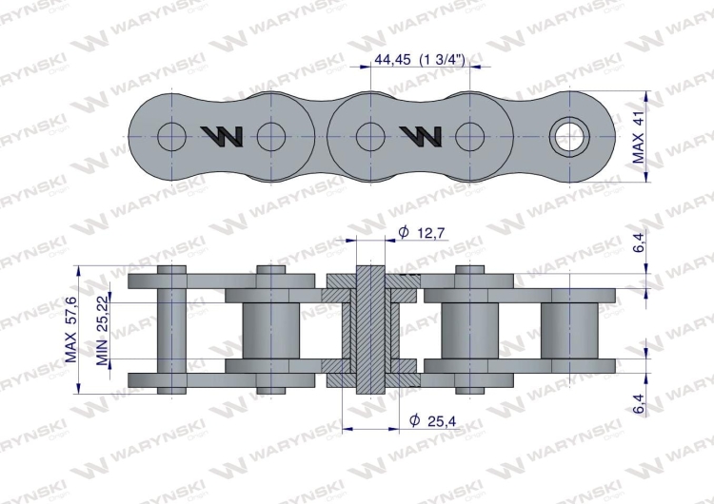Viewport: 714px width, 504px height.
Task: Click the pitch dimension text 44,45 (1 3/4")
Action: click(420, 59)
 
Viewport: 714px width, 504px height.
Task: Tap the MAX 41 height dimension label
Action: click(639, 137)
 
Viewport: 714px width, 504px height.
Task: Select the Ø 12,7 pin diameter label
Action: click(422, 233)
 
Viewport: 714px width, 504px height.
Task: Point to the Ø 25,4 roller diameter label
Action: click(432, 421)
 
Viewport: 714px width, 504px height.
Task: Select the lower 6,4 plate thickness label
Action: click(640, 403)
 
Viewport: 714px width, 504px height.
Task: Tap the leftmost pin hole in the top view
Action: click(171, 137)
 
